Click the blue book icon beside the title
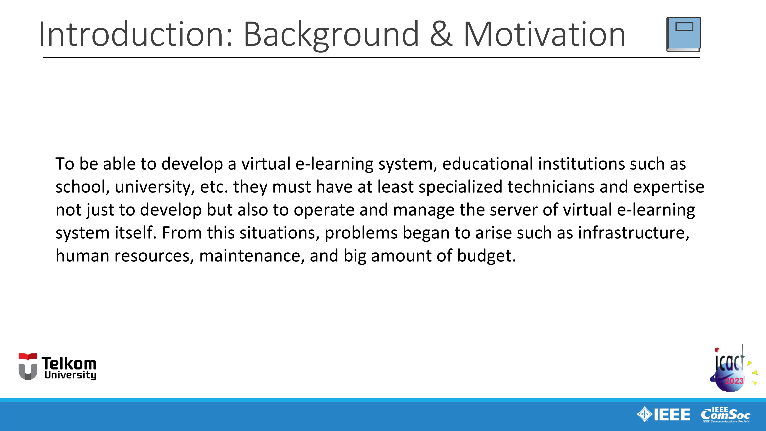click(x=684, y=34)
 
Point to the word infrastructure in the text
click(x=633, y=233)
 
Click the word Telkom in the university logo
click(x=69, y=364)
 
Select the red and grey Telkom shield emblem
click(x=28, y=366)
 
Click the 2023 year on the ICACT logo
click(x=734, y=381)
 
